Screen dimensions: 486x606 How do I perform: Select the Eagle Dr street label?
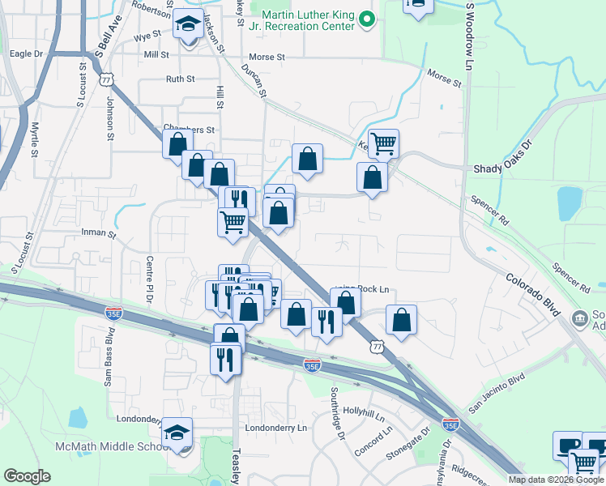coord(25,53)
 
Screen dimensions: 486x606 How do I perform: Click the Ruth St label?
coord(180,79)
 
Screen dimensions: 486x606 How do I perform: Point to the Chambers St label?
coord(189,129)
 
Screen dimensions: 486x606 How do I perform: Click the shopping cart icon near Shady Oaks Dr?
coord(383,144)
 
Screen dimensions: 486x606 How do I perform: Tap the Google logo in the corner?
coord(28,476)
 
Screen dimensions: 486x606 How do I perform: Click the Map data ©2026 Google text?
coord(555,480)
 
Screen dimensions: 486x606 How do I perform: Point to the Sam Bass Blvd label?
coord(109,357)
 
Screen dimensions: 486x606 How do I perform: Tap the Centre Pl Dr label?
coord(150,279)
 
